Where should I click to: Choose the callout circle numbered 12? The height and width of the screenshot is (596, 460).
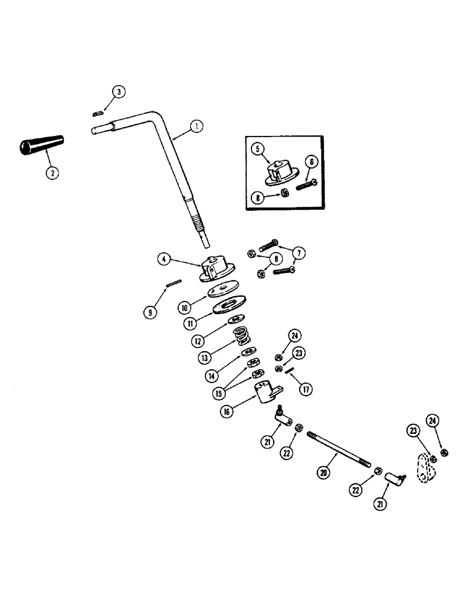coord(198,342)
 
